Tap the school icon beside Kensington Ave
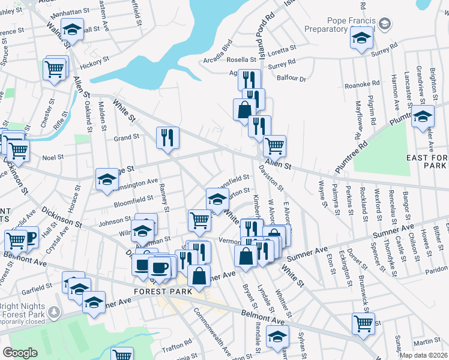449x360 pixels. (x=107, y=179)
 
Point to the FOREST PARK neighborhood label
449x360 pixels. (x=163, y=291)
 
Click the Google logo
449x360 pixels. (x=20, y=353)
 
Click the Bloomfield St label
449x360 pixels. (x=134, y=200)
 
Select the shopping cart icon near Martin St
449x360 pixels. (x=363, y=323)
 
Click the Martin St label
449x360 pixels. (x=428, y=341)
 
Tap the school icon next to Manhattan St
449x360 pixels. (x=72, y=30)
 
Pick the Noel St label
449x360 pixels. (x=53, y=157)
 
